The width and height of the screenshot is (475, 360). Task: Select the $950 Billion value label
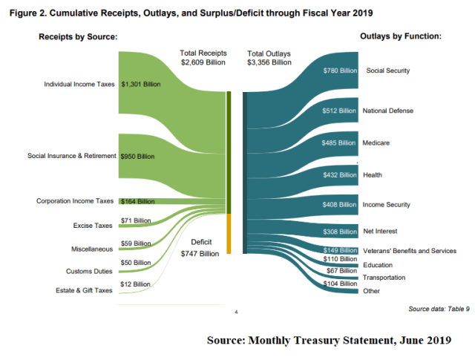[x=137, y=157]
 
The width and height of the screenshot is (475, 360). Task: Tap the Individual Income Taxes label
[x=79, y=84]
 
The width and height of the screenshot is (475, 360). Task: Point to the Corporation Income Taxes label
[x=75, y=200]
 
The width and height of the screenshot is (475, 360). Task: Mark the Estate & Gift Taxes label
[x=84, y=290]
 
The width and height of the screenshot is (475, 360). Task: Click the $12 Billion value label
[x=136, y=284]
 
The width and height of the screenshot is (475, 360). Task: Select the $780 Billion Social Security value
[x=338, y=71]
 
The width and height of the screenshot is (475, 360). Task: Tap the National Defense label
[x=387, y=111]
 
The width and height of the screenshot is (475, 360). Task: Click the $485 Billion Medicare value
[x=338, y=143]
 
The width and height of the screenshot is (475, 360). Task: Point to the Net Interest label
[x=381, y=231]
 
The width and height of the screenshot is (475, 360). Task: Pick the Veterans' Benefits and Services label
[x=409, y=251]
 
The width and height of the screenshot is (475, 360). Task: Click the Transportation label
[x=384, y=277]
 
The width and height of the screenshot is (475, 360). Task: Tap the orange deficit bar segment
[x=230, y=232]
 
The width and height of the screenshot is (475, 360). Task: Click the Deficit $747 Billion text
[x=200, y=247]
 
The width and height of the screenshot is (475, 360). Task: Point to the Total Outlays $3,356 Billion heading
[x=269, y=58]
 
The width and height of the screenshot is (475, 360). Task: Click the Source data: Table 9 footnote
[x=439, y=308]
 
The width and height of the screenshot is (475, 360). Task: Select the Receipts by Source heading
[x=78, y=36]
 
